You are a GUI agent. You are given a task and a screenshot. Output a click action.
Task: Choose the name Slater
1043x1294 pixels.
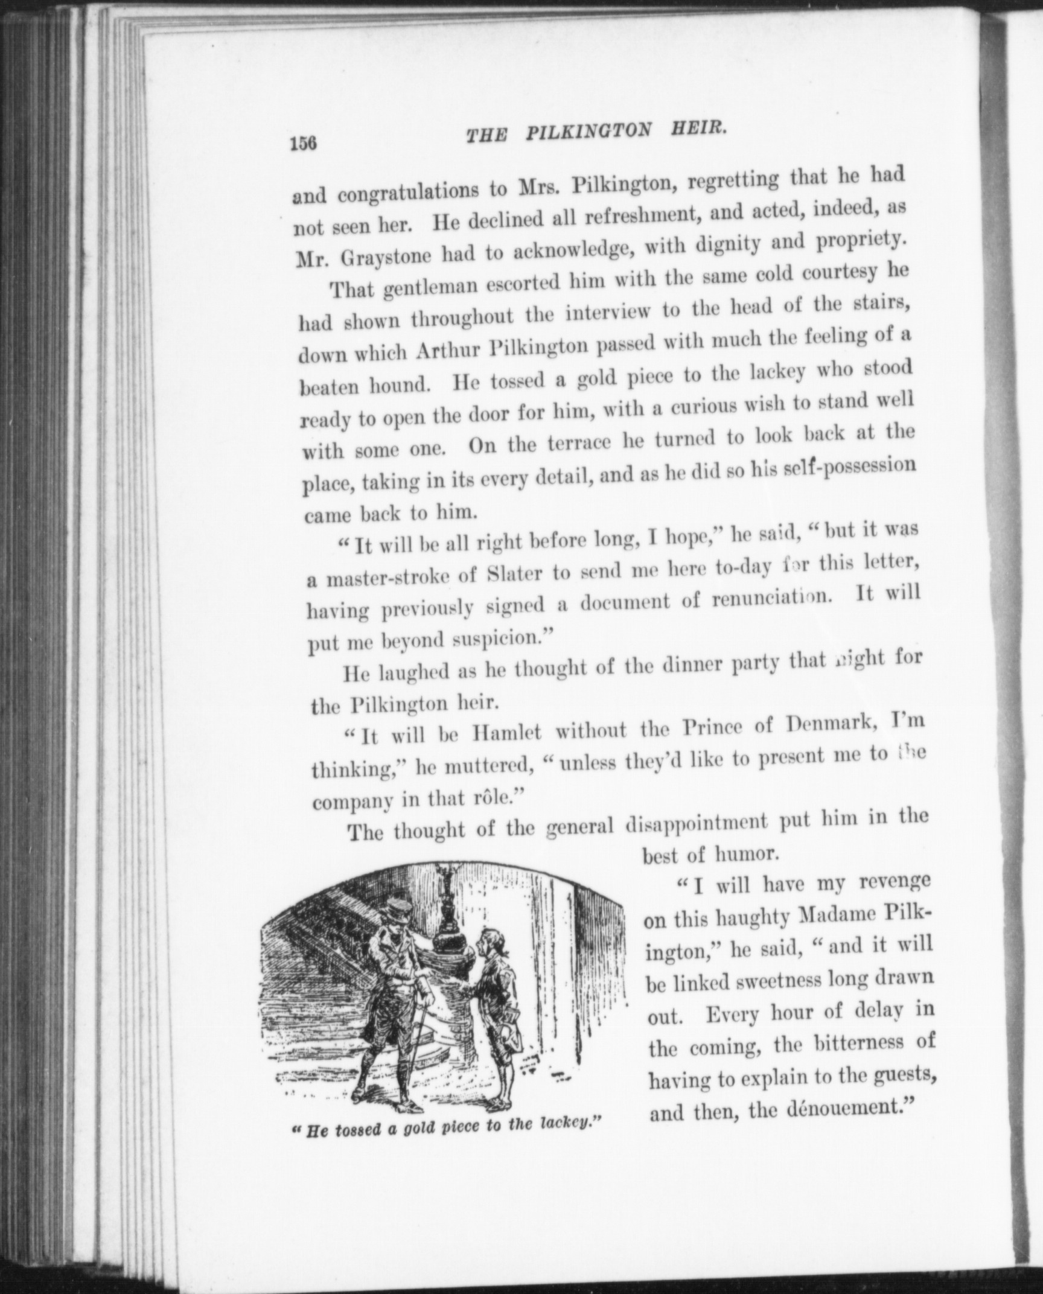point(514,574)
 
